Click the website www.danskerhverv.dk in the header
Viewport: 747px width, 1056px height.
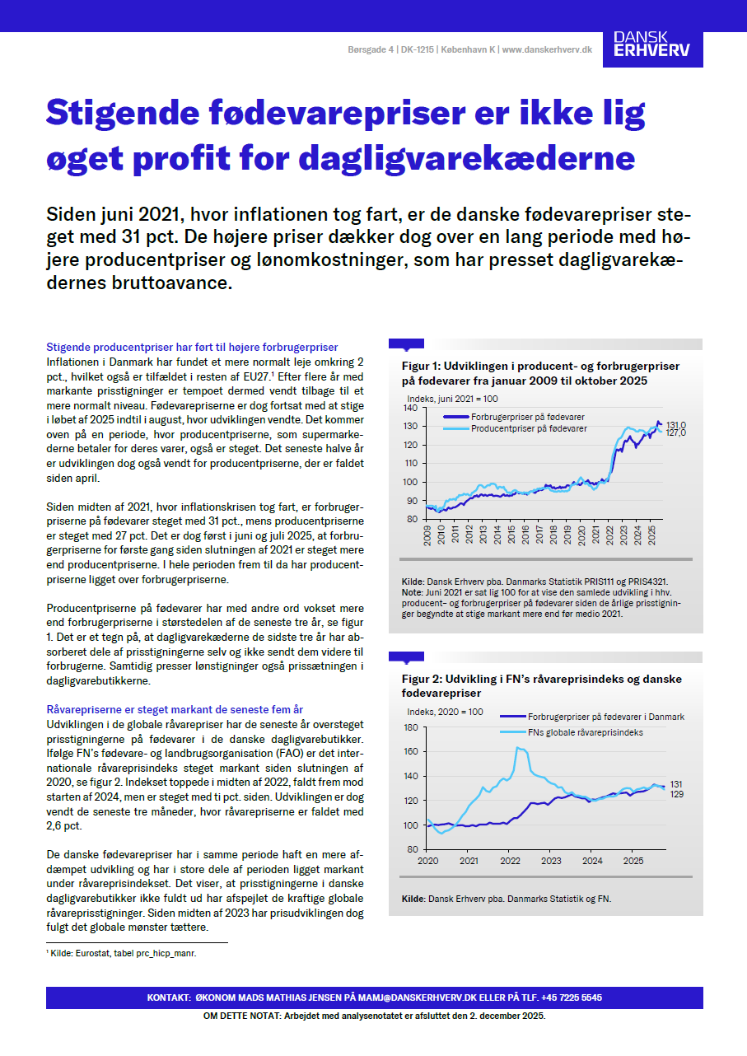click(x=547, y=50)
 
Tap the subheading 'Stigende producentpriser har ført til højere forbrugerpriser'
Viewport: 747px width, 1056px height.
click(x=193, y=347)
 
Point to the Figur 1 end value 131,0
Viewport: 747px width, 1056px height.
click(x=675, y=425)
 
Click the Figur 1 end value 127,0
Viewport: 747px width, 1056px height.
click(x=675, y=432)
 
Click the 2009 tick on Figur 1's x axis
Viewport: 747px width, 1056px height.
click(x=428, y=534)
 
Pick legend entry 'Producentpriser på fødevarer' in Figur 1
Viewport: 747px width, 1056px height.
click(x=528, y=429)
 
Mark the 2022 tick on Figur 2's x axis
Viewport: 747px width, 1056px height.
click(x=510, y=861)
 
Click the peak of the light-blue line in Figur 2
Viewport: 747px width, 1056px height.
click(x=518, y=747)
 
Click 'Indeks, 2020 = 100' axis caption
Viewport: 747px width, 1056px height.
click(x=445, y=711)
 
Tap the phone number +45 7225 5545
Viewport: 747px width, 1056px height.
click(x=572, y=998)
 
